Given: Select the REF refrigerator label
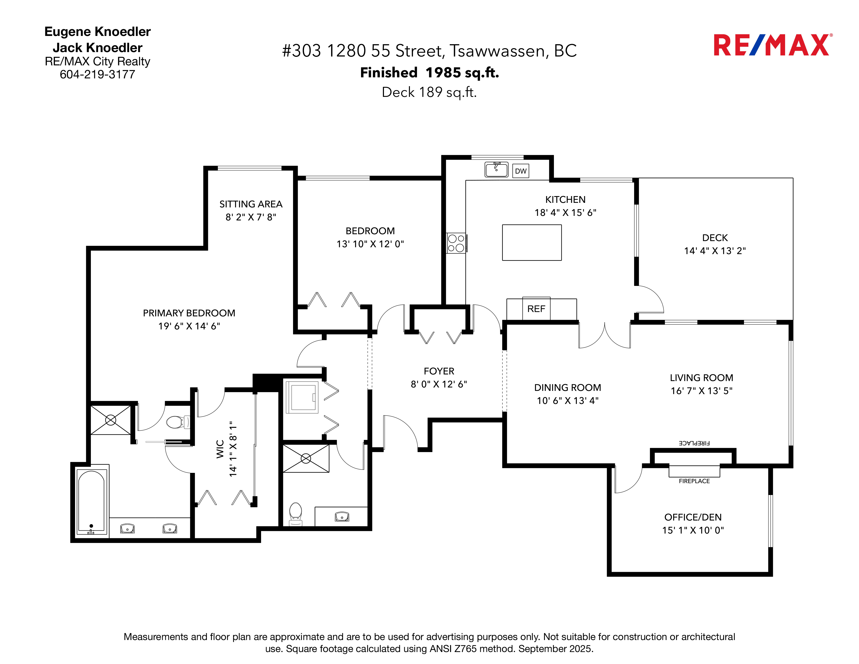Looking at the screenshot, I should click(536, 309).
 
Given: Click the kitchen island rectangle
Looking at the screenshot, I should click(532, 243).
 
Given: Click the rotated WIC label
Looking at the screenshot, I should click(220, 449).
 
